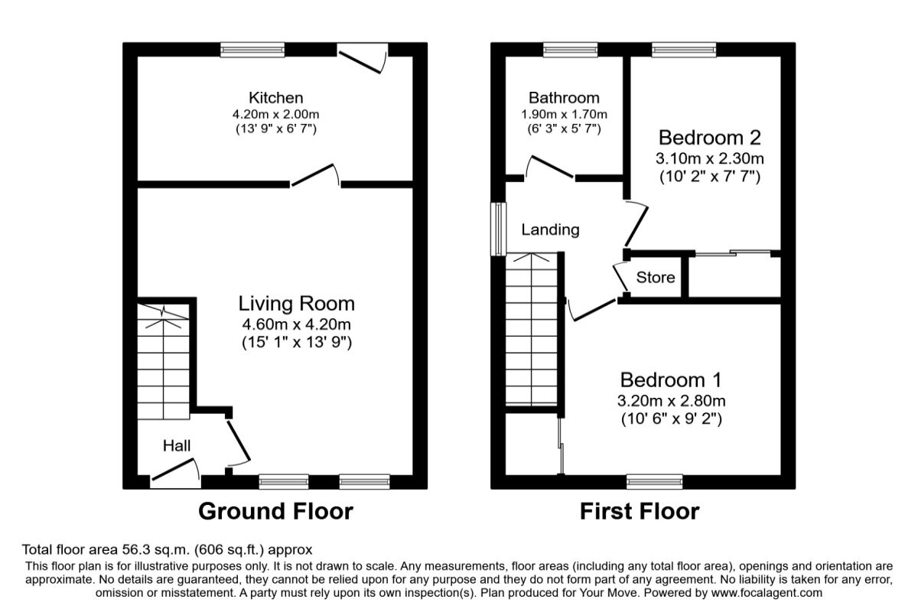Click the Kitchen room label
point(275,98)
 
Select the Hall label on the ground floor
point(176,445)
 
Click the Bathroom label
point(564,98)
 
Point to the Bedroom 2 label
point(709,138)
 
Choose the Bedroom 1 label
point(671,379)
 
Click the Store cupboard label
point(656,277)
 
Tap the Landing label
point(550,229)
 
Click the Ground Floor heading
point(275,511)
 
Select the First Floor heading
point(639,511)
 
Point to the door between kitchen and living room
point(315,175)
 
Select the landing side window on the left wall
point(498,228)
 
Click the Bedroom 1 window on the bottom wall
point(654,481)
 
